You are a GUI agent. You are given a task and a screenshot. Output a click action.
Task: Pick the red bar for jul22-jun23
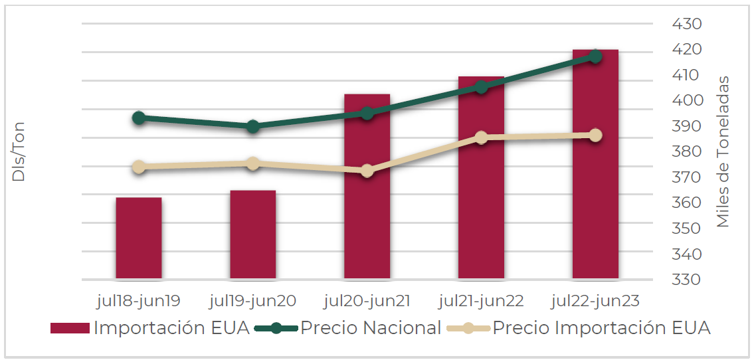coord(595,166)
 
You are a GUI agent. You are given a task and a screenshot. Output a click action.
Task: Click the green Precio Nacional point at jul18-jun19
coord(139,118)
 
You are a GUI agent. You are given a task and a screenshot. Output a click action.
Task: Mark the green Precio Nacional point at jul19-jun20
coord(253,126)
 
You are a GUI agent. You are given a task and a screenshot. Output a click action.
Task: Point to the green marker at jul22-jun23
coord(595,56)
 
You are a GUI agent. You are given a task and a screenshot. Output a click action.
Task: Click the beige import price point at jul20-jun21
coord(367,171)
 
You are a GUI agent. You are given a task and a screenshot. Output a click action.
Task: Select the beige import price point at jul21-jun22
coord(481,137)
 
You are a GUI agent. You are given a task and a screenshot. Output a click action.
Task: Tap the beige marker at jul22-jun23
coord(595,135)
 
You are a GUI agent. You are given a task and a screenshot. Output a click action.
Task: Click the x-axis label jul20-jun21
coord(367,301)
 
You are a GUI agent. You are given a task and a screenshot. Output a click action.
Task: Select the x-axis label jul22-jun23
coord(595,301)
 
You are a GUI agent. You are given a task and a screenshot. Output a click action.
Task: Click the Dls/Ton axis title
coord(19,151)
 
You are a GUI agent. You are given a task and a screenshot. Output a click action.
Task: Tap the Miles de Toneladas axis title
coord(723,151)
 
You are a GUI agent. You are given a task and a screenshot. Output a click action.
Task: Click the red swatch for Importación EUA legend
coord(70,328)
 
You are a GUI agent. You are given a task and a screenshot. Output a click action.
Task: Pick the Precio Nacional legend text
coord(371,328)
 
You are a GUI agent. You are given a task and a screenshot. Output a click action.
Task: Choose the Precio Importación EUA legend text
coord(601,328)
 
